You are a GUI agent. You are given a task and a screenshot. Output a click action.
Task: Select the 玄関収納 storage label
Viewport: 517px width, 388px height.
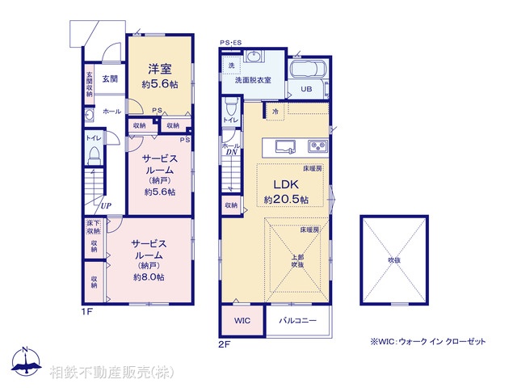click(89, 85)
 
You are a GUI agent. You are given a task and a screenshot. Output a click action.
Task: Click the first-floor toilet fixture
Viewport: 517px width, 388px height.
click(94, 158)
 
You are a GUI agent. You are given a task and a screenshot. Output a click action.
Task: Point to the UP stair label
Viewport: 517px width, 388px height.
click(106, 205)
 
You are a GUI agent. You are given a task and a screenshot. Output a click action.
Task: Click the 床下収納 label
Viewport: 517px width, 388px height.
click(94, 226)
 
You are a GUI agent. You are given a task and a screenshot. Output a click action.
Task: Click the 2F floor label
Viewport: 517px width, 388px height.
click(225, 344)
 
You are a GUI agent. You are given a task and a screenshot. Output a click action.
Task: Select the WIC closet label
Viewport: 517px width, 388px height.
click(242, 321)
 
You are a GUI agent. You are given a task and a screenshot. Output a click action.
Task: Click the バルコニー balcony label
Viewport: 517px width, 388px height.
click(298, 321)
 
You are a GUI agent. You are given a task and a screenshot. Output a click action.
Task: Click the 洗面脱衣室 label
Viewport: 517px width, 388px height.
click(253, 79)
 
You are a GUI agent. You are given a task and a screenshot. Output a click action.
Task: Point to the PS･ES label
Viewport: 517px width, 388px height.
click(230, 42)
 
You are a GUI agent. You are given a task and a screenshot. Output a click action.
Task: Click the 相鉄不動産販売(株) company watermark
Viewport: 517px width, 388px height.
click(111, 373)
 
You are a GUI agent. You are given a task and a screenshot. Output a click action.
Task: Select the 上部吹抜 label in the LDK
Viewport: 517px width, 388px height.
click(297, 260)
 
